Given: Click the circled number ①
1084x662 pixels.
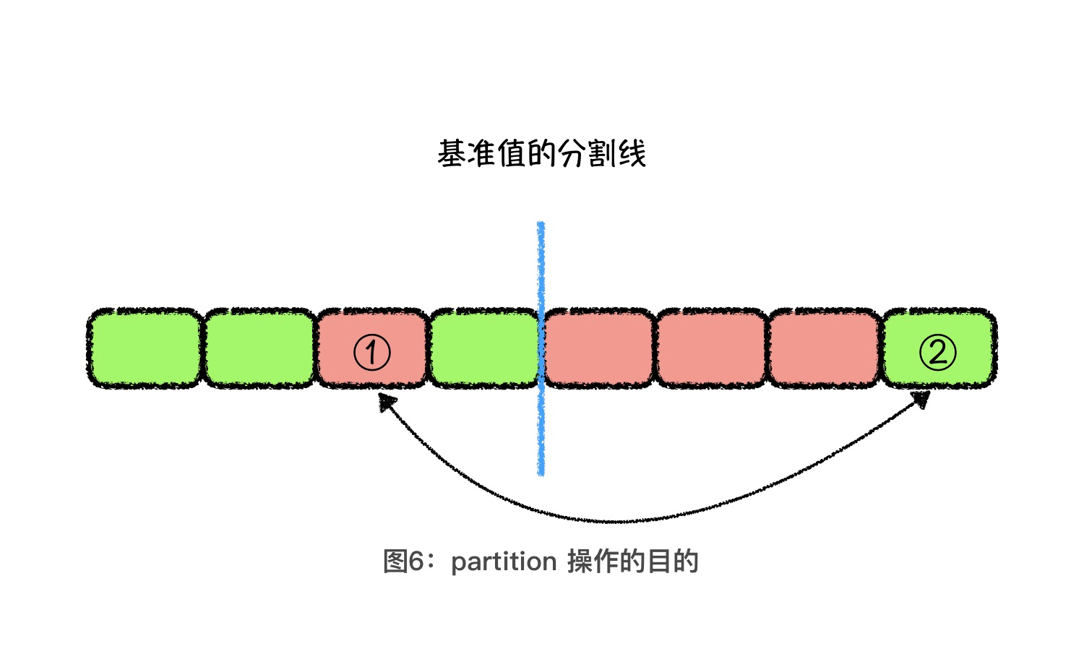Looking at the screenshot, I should click(x=371, y=353).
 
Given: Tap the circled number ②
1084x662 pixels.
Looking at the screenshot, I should click(x=937, y=353).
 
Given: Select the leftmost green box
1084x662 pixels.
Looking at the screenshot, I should click(x=145, y=348).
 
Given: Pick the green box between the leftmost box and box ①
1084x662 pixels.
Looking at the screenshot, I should click(x=259, y=348).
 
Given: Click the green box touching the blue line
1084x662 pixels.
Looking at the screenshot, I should click(x=483, y=348).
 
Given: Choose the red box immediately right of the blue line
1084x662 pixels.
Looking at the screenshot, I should click(x=599, y=348).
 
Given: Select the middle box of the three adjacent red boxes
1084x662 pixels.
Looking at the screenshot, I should click(x=711, y=348).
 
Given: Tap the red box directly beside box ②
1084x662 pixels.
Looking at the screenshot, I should click(x=824, y=348).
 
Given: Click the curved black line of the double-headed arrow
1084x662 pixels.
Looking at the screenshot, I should click(x=614, y=520).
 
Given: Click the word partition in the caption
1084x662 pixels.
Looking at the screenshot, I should click(x=503, y=562).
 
